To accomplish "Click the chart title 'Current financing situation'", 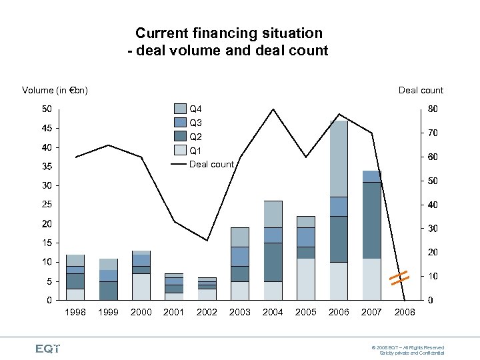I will tap(229, 33).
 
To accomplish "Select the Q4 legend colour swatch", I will tap(180, 109).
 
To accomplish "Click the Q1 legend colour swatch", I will tap(180, 151).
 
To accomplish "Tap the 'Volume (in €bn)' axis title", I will tap(55, 90).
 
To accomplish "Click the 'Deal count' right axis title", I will tap(421, 90).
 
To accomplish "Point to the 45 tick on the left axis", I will tap(47, 128).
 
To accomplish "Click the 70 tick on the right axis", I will tap(433, 133).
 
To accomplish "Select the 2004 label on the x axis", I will tap(273, 312).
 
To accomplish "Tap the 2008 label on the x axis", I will tap(405, 312).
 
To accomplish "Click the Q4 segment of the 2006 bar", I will tap(339, 159).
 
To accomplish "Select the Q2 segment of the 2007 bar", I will tap(371, 220).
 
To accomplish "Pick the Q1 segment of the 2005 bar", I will tap(305, 279).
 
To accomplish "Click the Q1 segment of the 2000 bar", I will tap(141, 287).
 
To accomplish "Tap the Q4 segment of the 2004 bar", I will tap(273, 214).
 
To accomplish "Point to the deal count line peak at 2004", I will tap(273, 109).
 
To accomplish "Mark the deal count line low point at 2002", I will tap(207, 240).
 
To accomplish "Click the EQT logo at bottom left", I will tap(47, 348).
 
